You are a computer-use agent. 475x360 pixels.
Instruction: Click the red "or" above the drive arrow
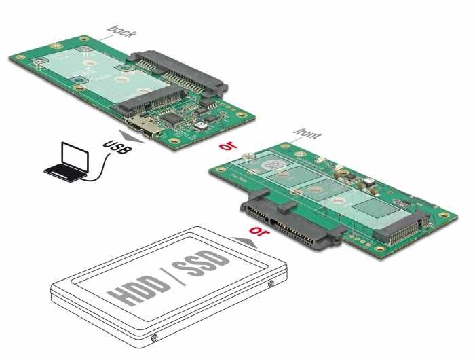click(x=259, y=231)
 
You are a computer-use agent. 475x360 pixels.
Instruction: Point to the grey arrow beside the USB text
click(x=132, y=135)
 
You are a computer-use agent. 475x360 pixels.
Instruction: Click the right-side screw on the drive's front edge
click(x=272, y=282)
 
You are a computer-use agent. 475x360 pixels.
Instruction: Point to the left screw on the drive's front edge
click(x=155, y=337)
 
